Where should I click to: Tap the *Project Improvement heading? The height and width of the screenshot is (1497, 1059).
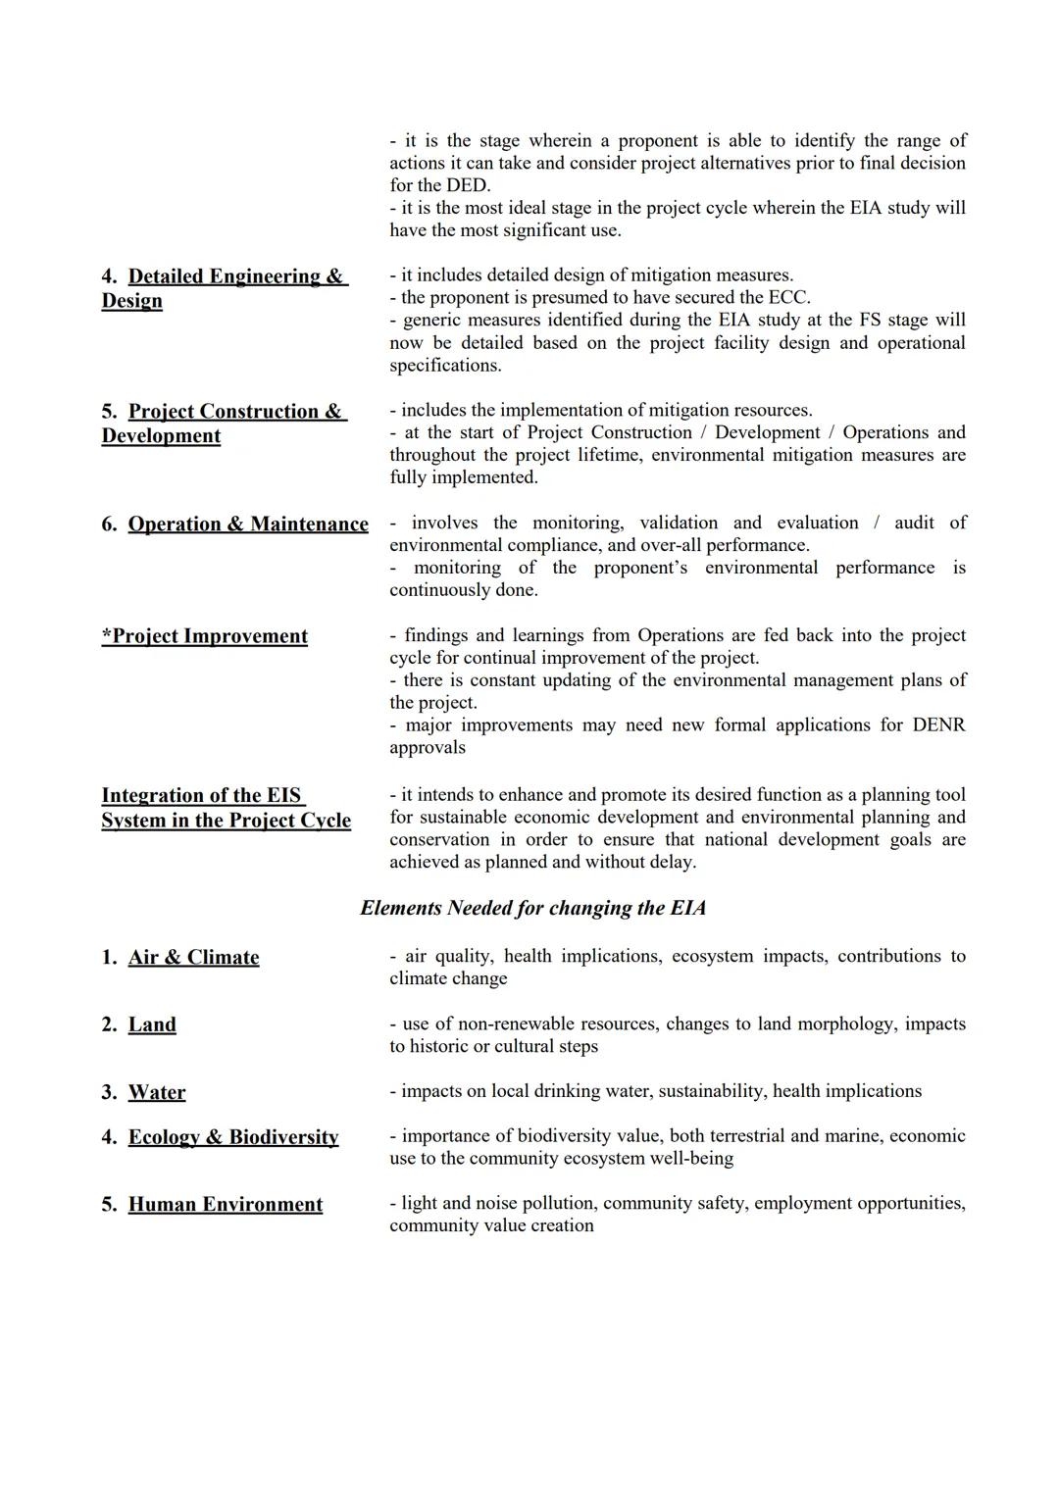204,636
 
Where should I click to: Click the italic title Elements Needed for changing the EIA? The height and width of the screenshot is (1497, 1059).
532,908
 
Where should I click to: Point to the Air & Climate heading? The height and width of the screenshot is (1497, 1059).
193,958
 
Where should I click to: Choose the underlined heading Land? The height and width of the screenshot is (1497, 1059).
152,1024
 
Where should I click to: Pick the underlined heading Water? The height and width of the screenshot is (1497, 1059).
157,1092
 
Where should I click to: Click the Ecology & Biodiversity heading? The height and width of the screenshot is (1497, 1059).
233,1137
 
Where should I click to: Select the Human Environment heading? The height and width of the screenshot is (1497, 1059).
225,1205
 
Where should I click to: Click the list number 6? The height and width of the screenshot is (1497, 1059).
109,524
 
